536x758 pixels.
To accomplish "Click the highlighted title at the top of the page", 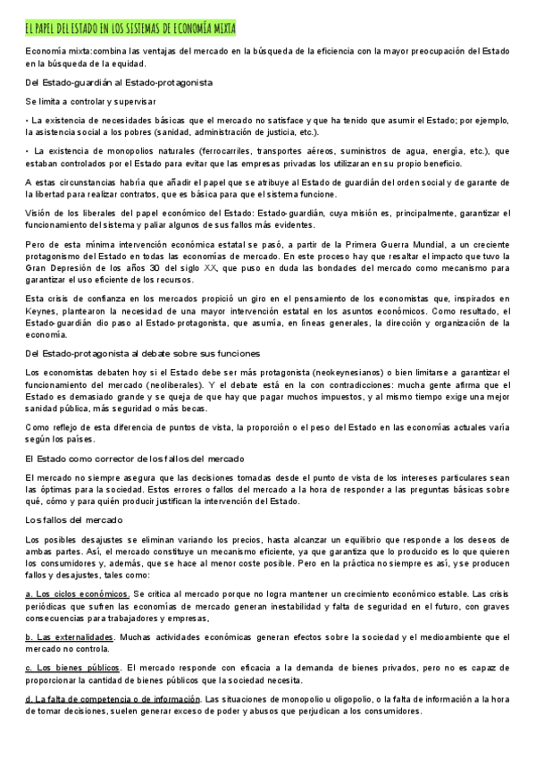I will tap(130, 29).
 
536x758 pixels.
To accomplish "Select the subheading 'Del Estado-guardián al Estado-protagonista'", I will tap(119, 82).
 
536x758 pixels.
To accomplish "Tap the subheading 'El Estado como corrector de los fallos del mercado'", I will tap(135, 459).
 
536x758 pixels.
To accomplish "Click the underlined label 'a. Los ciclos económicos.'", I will tap(79, 594).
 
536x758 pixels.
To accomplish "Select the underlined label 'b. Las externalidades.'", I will tap(70, 637).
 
